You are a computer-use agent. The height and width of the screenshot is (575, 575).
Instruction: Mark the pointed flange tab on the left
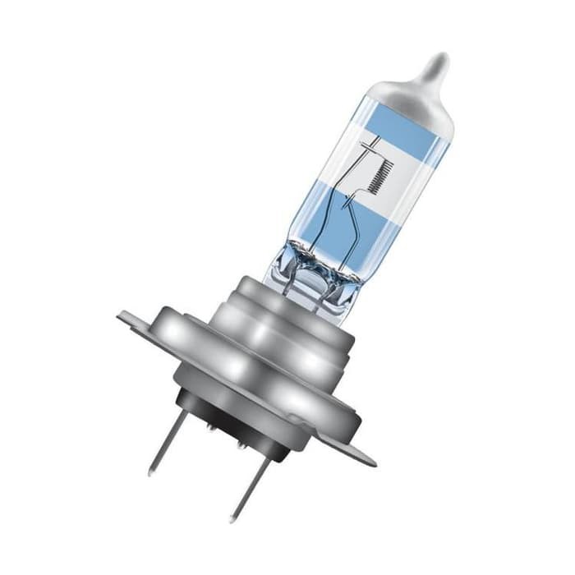pos(131,317)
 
